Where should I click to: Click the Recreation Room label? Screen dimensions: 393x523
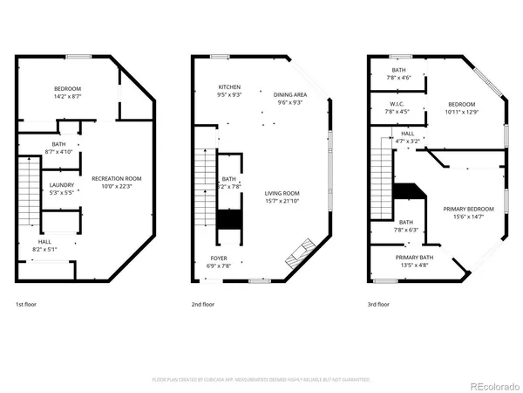click(116, 178)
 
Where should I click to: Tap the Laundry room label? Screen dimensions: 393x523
click(60, 184)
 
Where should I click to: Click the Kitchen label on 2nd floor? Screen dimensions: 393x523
click(230, 88)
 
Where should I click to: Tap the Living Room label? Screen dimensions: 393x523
click(282, 193)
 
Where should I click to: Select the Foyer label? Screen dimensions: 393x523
click(218, 259)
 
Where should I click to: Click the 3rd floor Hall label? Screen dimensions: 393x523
click(407, 134)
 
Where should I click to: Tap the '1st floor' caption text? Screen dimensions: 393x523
click(26, 305)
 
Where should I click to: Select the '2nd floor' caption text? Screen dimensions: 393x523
click(202, 305)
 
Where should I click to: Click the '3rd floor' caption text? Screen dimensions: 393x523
click(379, 305)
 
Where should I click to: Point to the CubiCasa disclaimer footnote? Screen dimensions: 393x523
click(261, 380)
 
